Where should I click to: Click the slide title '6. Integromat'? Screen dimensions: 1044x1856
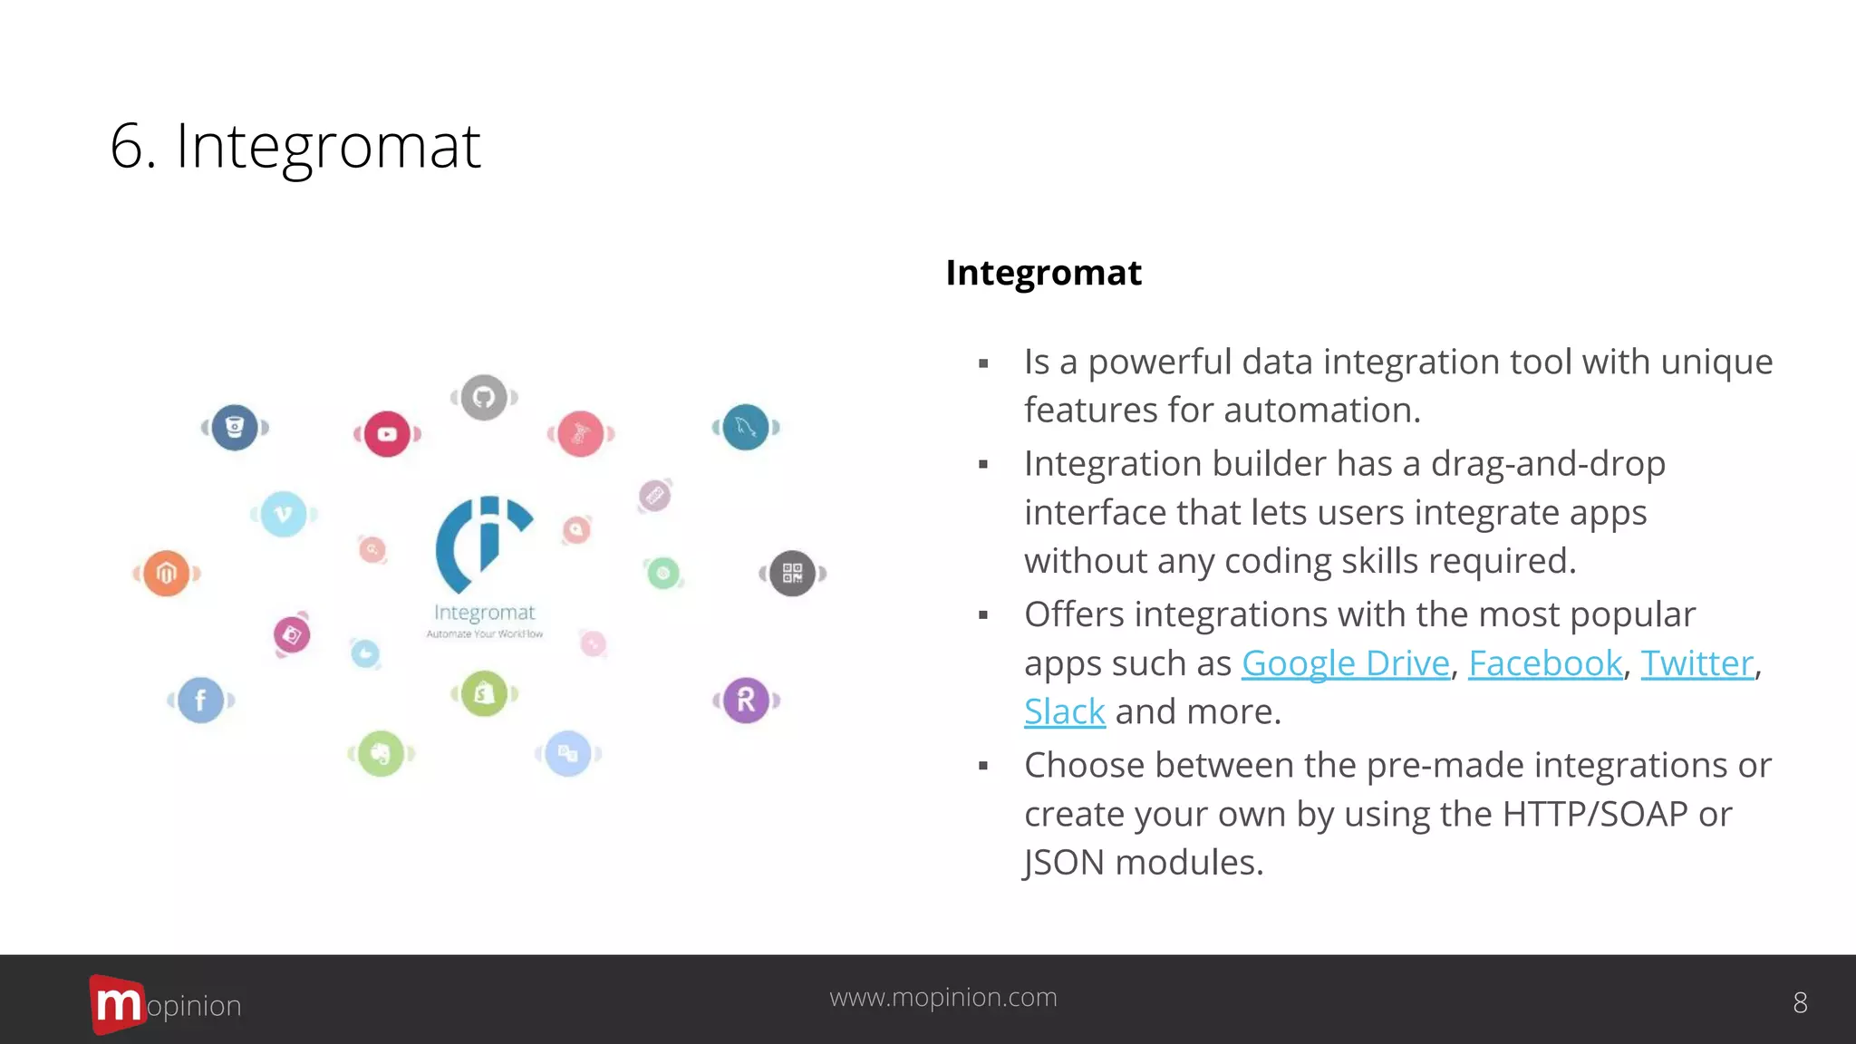coord(295,147)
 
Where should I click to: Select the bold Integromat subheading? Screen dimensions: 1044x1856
coord(1043,273)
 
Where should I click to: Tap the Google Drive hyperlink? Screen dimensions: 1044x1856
coord(1345,663)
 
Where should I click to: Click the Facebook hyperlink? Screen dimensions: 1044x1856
coord(1544,663)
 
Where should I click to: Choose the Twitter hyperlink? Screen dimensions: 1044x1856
coord(1696,663)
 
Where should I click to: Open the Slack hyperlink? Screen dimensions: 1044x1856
coord(1064,712)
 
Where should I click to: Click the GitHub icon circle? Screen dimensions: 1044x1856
coord(484,397)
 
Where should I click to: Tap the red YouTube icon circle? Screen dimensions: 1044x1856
coord(387,434)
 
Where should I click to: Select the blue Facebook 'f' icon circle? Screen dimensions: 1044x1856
coord(200,700)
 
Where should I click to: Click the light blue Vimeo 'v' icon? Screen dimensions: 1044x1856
coord(284,514)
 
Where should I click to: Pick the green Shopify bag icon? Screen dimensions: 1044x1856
coord(484,694)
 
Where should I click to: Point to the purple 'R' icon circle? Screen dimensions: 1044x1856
coord(746,700)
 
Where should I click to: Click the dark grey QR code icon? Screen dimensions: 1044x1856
coord(792,573)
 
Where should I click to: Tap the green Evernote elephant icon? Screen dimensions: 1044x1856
coord(381,753)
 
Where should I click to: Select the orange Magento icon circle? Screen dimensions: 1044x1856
coord(166,573)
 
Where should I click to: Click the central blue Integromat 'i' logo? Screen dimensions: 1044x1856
coord(483,544)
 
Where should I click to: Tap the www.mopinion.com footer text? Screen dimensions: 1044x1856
coord(942,997)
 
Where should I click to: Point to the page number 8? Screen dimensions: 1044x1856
coord(1800,1002)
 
